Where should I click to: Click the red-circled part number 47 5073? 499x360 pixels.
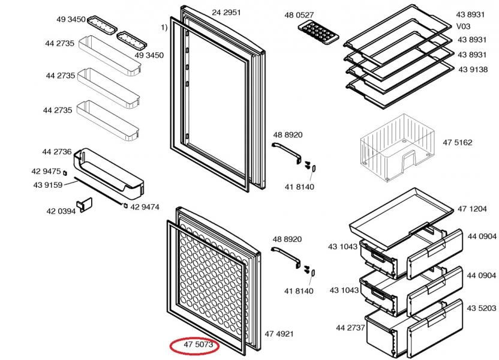(x=194, y=346)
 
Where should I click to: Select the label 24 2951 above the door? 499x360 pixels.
(x=226, y=13)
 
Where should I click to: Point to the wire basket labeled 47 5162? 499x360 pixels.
(x=396, y=153)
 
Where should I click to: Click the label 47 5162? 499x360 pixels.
(x=458, y=143)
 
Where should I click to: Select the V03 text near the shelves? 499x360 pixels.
(x=464, y=26)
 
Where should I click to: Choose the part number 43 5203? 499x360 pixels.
(x=482, y=308)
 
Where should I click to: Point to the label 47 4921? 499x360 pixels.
(x=279, y=334)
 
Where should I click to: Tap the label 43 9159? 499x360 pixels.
(x=48, y=185)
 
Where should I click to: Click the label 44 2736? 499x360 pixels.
(x=56, y=152)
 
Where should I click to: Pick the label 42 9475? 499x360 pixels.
(x=46, y=172)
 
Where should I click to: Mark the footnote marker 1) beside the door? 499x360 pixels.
(x=163, y=27)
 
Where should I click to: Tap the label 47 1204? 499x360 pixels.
(x=471, y=209)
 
